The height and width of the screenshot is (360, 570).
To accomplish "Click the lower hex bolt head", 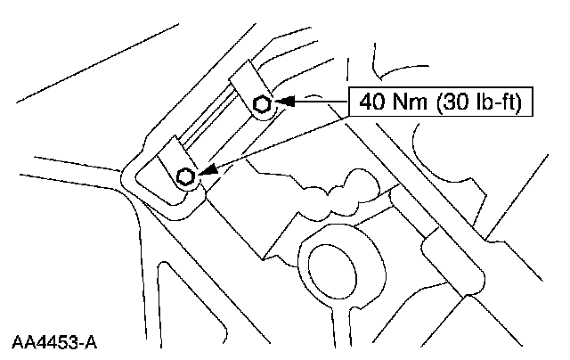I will (x=185, y=175).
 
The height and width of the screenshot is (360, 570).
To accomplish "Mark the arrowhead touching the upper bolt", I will (x=281, y=103).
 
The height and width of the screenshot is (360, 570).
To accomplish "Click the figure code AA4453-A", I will (x=55, y=341).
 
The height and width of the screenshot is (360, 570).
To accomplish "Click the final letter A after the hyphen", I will (x=93, y=341).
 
